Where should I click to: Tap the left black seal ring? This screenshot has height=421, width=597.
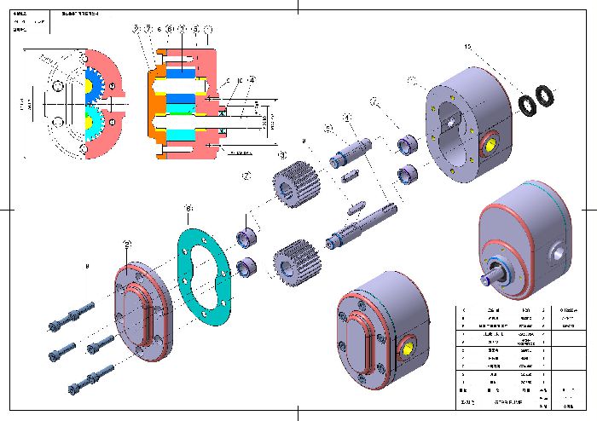coord(529,103)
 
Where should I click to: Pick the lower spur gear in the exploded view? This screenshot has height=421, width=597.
coord(295,258)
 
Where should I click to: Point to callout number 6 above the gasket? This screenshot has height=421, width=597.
coord(189,208)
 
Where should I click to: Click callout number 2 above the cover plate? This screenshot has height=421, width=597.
coord(127,244)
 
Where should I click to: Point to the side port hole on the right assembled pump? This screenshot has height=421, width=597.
coord(559,252)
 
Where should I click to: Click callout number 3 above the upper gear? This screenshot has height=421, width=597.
coord(282,156)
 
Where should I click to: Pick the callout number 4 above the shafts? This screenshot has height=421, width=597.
coord(347,117)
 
